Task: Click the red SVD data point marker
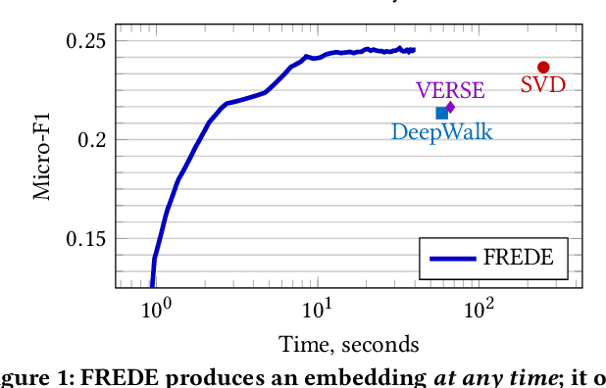pyautogui.click(x=543, y=68)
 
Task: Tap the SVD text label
pyautogui.click(x=543, y=85)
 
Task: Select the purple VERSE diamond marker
pyautogui.click(x=450, y=107)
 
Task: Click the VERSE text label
pyautogui.click(x=450, y=90)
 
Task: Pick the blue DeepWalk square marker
pyautogui.click(x=441, y=114)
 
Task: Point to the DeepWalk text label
pyautogui.click(x=441, y=131)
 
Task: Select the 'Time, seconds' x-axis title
pyautogui.click(x=349, y=345)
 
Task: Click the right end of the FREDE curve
pyautogui.click(x=415, y=49)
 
